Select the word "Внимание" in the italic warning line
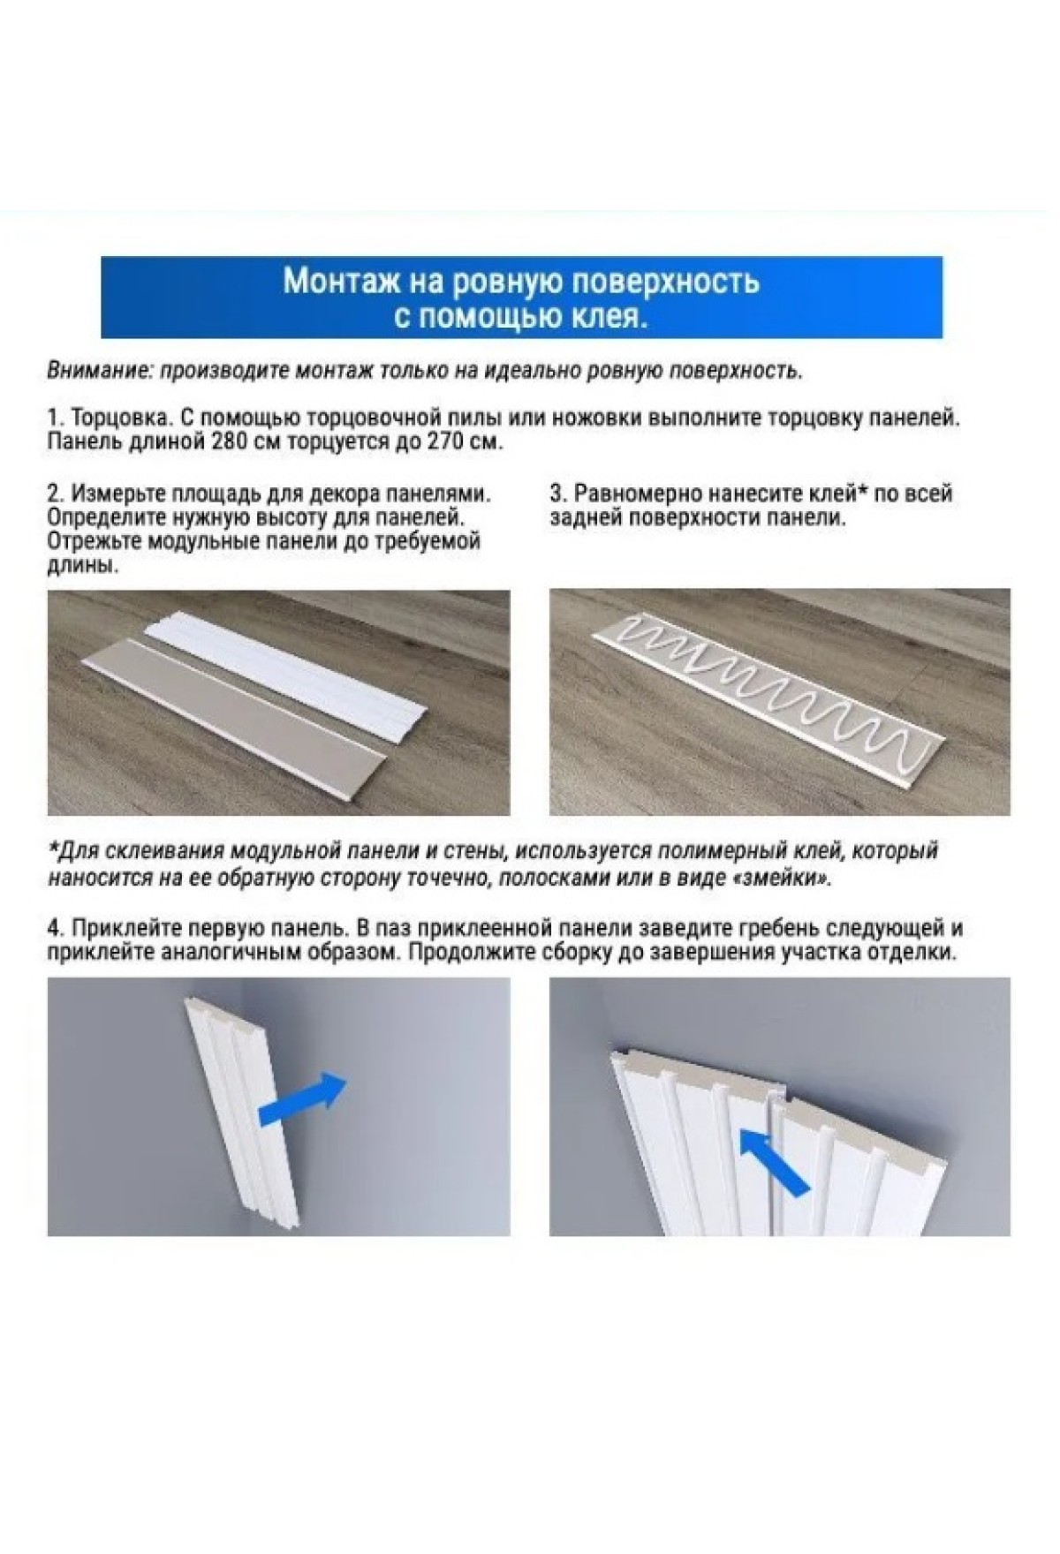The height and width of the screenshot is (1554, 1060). coord(96,371)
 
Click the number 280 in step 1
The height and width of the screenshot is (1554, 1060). coord(228,441)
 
